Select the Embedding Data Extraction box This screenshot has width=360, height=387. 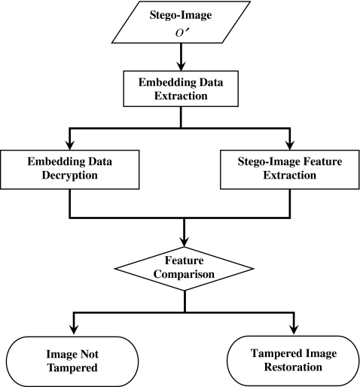point(181,89)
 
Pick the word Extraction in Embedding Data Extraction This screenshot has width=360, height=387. point(181,96)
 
